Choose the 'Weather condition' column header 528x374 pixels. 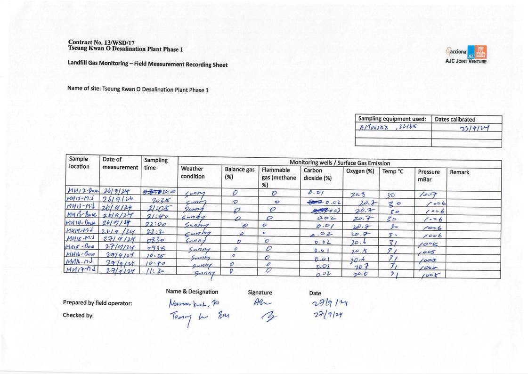[193, 172]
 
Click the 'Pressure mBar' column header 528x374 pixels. [429, 176]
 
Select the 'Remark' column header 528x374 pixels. [460, 172]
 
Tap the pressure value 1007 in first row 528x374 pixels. [427, 195]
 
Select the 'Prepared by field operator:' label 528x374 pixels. [97, 303]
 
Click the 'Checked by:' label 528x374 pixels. [78, 316]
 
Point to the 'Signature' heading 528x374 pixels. [260, 292]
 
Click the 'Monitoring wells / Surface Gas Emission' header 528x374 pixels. [339, 163]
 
